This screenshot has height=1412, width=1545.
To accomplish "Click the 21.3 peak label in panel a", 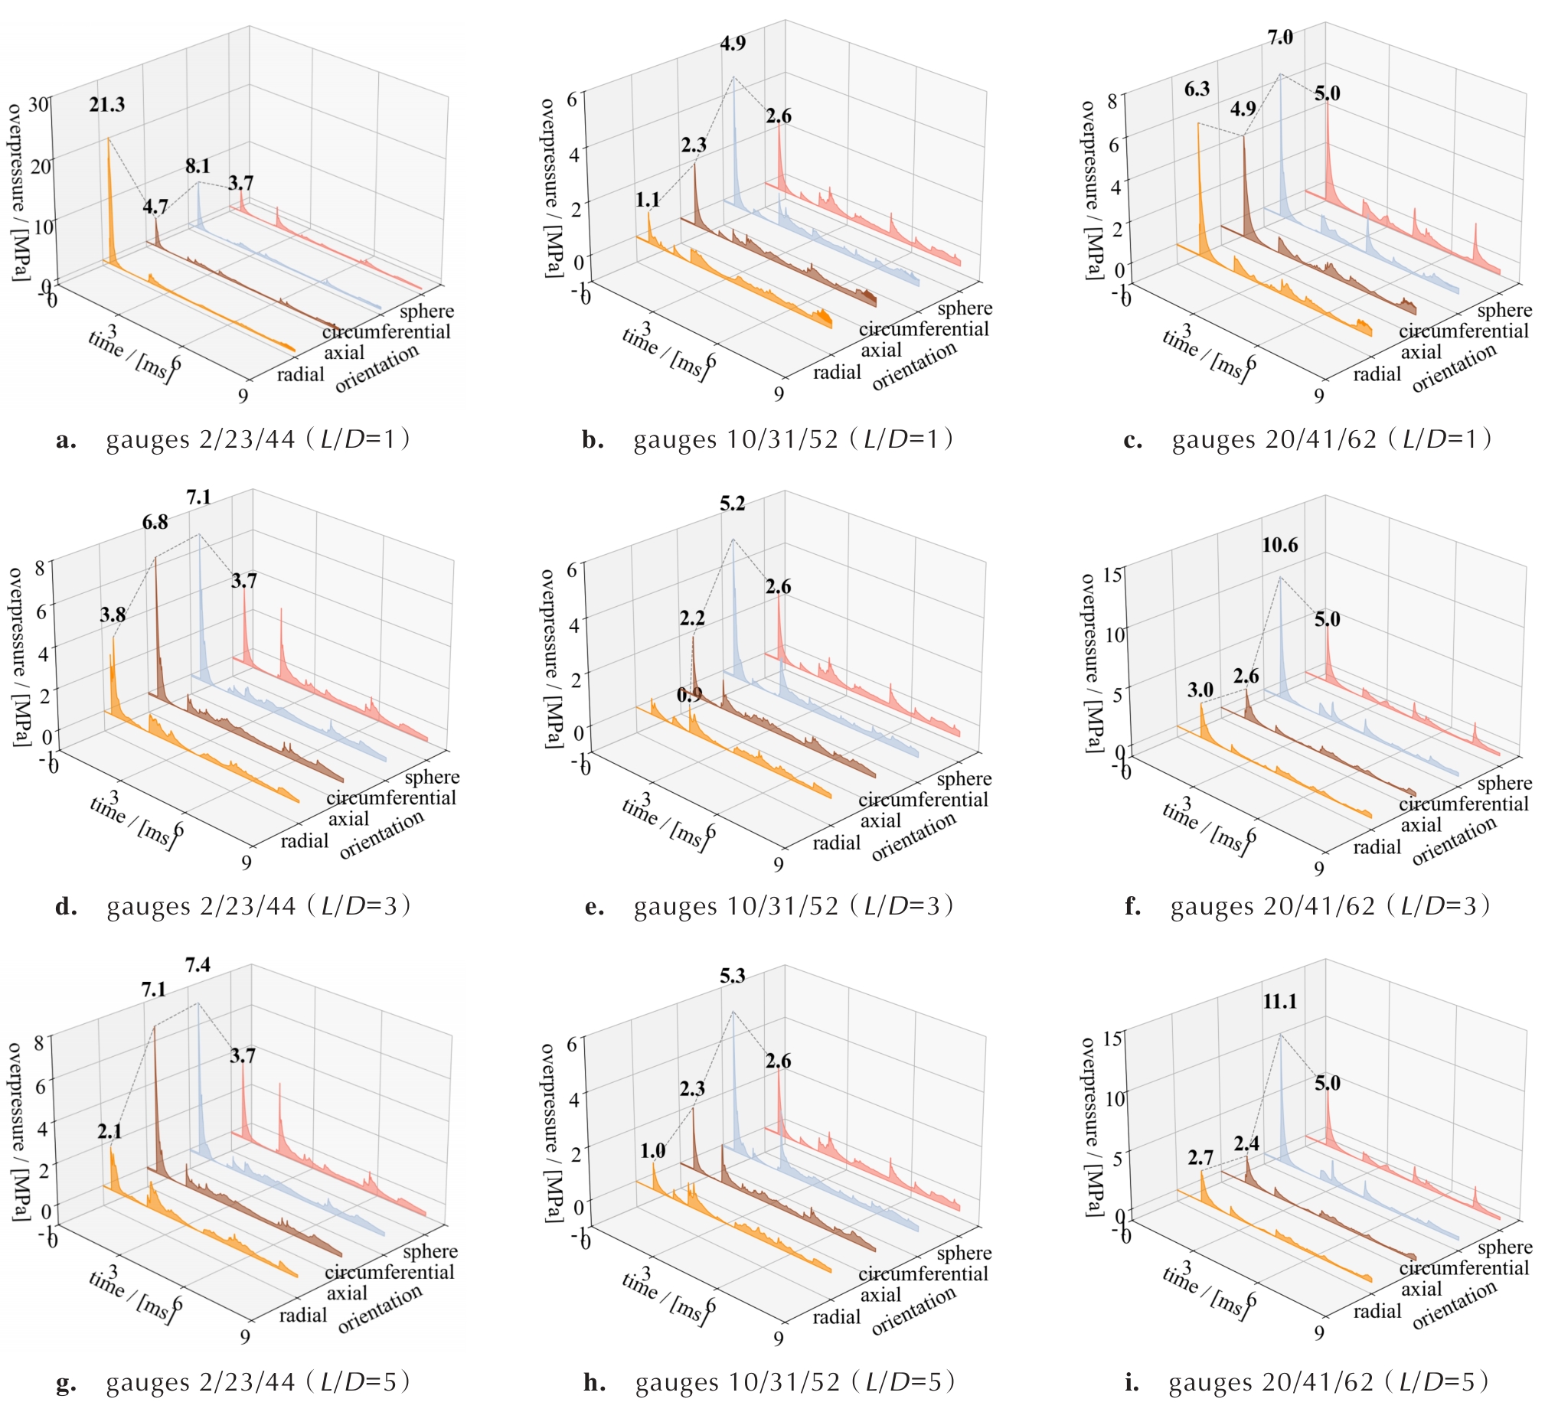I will (106, 105).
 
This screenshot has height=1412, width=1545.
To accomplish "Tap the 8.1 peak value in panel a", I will (197, 166).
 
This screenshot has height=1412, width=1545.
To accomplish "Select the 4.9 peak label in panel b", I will (733, 44).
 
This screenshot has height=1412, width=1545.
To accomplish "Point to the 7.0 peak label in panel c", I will (1280, 38).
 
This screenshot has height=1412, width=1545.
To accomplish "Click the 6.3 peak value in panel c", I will (1197, 90).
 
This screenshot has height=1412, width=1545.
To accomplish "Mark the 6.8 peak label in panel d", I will (155, 523).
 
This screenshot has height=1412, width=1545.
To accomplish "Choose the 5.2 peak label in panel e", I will (732, 504).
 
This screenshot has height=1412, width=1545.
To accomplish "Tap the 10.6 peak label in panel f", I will (1280, 546).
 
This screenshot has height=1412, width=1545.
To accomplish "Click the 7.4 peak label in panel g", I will (198, 964).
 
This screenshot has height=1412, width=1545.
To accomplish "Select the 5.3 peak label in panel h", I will (732, 976).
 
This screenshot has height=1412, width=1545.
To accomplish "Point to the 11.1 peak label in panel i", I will (1280, 1001).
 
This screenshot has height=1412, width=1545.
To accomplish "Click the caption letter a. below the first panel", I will (66, 442).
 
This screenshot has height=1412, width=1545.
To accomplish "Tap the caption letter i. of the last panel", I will (1132, 1383).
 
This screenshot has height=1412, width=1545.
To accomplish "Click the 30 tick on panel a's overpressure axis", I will (38, 104).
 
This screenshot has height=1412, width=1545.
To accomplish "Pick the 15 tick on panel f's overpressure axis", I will (1112, 575).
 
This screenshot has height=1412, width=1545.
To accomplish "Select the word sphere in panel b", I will (965, 308).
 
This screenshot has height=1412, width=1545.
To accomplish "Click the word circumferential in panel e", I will (923, 800).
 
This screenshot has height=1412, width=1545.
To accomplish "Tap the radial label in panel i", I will (1377, 1312).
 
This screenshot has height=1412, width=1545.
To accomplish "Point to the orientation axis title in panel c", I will (1454, 367).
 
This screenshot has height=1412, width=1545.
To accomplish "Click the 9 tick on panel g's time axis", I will (245, 1337).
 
